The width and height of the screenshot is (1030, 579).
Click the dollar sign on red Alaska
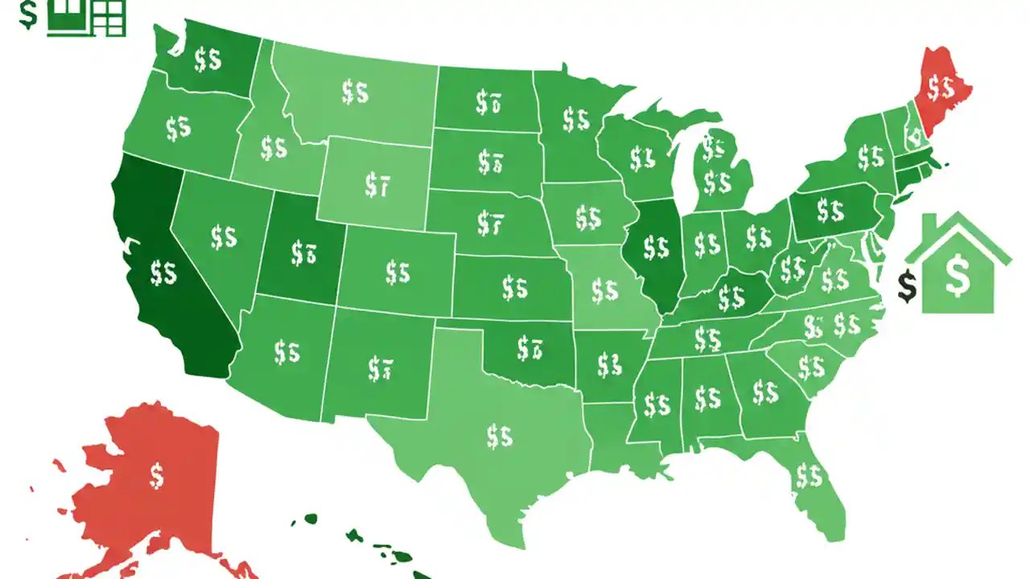[x=157, y=475]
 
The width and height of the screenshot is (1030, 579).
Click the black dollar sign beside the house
[x=908, y=286]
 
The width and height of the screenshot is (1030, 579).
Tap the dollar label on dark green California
[x=163, y=273]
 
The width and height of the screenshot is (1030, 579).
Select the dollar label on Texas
[x=499, y=436]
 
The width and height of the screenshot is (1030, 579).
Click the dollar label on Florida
[x=809, y=476]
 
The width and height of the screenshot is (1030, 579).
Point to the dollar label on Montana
[x=355, y=92]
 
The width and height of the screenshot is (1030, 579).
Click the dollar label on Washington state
[x=208, y=59]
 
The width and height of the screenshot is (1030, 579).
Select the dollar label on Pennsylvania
[x=830, y=211]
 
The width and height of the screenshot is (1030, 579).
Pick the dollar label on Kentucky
[x=731, y=298]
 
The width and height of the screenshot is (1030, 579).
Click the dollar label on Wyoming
[x=377, y=186]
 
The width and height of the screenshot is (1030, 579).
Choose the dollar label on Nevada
[x=223, y=236]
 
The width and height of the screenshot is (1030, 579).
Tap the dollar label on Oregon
[x=178, y=128]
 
